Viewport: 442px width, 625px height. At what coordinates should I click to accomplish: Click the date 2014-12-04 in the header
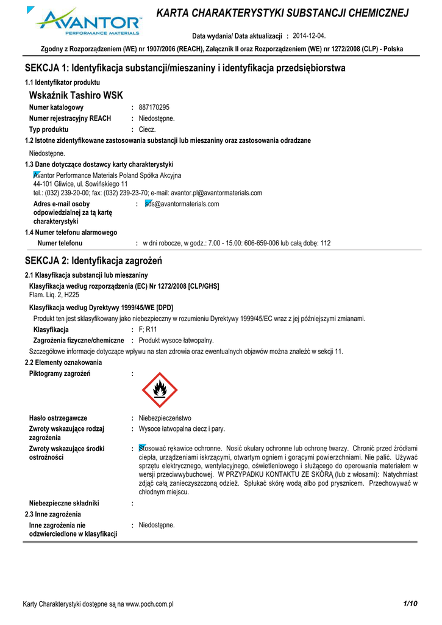[x=310, y=36]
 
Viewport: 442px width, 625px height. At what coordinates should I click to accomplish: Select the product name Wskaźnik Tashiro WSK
[x=76, y=95]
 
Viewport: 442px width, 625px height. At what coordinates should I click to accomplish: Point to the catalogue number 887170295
[x=154, y=107]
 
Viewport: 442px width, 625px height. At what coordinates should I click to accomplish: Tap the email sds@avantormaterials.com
[x=182, y=204]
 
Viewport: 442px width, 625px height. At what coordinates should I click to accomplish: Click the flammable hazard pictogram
[x=160, y=390]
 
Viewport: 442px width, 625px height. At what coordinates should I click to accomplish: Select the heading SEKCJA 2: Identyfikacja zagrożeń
[x=93, y=261]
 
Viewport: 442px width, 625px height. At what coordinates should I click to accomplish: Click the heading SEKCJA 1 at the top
[x=185, y=68]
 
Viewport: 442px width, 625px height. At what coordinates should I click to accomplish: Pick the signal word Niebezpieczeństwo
[x=165, y=418]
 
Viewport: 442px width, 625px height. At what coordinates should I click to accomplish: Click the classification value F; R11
[x=148, y=330]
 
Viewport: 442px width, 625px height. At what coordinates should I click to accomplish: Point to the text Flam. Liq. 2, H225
[x=54, y=294]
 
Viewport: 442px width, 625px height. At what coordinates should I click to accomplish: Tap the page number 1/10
[x=410, y=604]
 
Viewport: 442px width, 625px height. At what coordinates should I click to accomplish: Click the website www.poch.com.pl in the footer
[x=150, y=604]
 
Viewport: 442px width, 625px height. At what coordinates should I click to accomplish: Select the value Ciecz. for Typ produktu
[x=148, y=129]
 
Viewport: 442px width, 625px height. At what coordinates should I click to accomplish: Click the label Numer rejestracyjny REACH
[x=70, y=118]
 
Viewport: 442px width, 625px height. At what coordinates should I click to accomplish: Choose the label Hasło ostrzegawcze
[x=58, y=418]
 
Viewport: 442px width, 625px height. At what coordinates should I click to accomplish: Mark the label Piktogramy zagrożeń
[x=60, y=374]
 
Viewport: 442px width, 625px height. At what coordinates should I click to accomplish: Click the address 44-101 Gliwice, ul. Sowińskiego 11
[x=80, y=184]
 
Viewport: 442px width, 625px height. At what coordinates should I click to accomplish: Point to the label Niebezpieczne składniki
[x=64, y=504]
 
